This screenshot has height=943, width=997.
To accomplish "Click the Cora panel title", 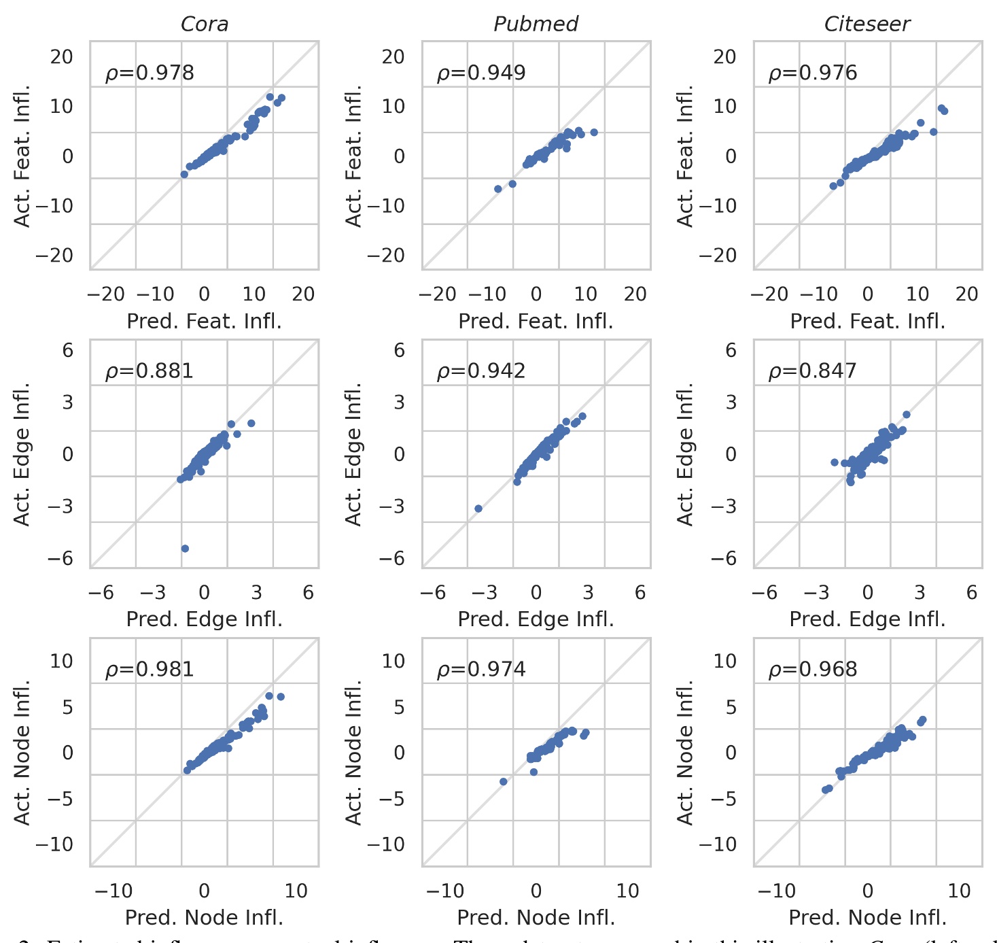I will pyautogui.click(x=204, y=24).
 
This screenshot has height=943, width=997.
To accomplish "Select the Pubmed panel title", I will pyautogui.click(x=536, y=24).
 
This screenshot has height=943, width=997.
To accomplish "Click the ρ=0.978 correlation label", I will pyautogui.click(x=150, y=73).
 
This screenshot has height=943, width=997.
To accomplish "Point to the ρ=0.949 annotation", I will pyautogui.click(x=481, y=73).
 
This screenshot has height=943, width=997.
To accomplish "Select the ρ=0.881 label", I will pyautogui.click(x=150, y=371).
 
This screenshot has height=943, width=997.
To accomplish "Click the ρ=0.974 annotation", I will pyautogui.click(x=481, y=670).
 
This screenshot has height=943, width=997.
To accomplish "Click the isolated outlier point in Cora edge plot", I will pyautogui.click(x=185, y=548).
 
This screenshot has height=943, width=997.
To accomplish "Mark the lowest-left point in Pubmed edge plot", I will pyautogui.click(x=478, y=509).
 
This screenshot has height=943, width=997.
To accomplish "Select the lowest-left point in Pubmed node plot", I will pyautogui.click(x=504, y=782).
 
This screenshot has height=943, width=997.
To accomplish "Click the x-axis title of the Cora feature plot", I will pyautogui.click(x=204, y=321).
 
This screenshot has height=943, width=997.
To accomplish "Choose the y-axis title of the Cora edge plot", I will pyautogui.click(x=22, y=454).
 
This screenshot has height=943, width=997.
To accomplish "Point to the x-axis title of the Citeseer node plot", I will pyautogui.click(x=867, y=918).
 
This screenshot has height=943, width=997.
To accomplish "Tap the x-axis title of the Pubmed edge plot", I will pyautogui.click(x=536, y=619).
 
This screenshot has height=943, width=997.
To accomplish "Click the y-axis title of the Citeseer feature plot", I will pyautogui.click(x=685, y=156).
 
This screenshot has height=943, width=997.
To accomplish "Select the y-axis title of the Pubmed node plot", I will pyautogui.click(x=353, y=752).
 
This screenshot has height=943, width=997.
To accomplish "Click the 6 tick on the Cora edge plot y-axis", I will pyautogui.click(x=67, y=350).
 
